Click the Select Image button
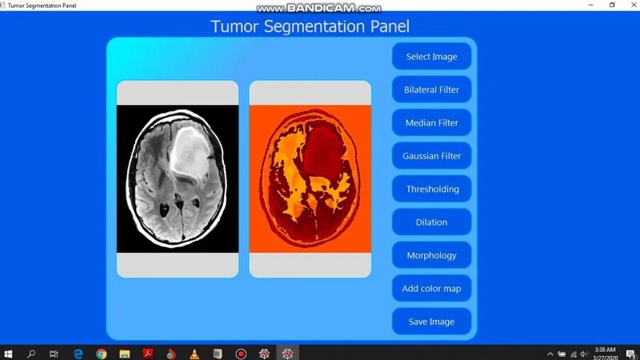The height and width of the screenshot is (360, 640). (431, 57)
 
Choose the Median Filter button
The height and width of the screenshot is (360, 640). (431, 123)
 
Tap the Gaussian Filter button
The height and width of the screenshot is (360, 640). (431, 156)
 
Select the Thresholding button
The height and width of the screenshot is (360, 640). (431, 190)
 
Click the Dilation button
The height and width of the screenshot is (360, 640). (431, 222)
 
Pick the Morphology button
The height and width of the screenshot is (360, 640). (431, 256)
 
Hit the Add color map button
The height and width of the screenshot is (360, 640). (431, 289)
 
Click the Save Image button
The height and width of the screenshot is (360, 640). (431, 322)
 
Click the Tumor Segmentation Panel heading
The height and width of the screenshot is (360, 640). (310, 26)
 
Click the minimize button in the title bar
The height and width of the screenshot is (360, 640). (592, 5)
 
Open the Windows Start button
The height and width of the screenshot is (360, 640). (8, 353)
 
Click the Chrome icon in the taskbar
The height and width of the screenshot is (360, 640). (101, 353)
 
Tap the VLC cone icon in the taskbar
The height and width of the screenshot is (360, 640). (194, 353)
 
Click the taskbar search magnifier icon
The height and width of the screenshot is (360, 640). (31, 353)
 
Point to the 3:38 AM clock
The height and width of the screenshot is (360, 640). (605, 350)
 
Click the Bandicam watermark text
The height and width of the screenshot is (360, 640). (318, 8)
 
